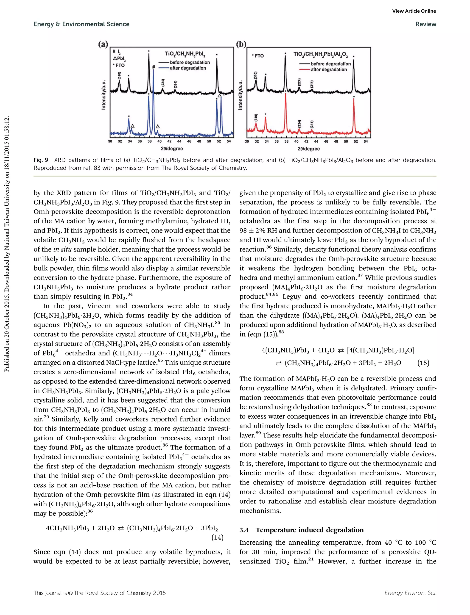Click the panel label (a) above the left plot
[x=103, y=44]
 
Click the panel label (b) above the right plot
[x=241, y=44]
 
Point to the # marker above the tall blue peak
[x=153, y=67]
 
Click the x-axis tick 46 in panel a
[x=189, y=141]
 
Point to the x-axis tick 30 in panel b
[x=247, y=141]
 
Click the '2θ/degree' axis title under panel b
[x=309, y=149]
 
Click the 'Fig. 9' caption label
[x=41, y=160]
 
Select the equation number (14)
[x=217, y=537]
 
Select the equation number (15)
[x=423, y=363]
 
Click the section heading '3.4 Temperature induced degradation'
[x=302, y=530]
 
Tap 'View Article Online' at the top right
[x=414, y=11]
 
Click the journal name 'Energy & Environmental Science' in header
[x=81, y=24]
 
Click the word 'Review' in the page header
[x=425, y=24]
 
